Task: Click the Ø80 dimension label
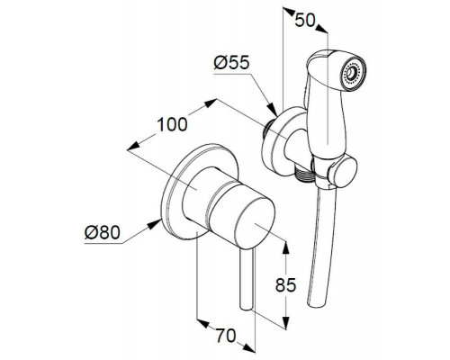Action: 103,232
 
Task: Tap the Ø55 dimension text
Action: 231,63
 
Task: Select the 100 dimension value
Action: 172,124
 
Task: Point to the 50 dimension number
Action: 305,21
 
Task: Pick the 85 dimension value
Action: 285,285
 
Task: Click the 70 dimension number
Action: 226,336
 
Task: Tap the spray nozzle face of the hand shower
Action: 354,72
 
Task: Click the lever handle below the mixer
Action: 247,279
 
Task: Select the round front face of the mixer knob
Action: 255,223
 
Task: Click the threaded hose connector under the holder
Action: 304,174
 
